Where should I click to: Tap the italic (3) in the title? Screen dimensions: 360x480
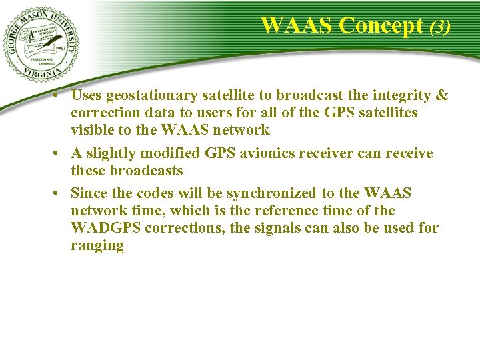tap(440, 27)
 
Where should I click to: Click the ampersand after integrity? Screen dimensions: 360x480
tap(441, 95)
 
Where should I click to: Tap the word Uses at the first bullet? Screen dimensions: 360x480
tap(87, 95)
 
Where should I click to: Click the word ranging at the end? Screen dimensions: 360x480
tap(97, 245)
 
